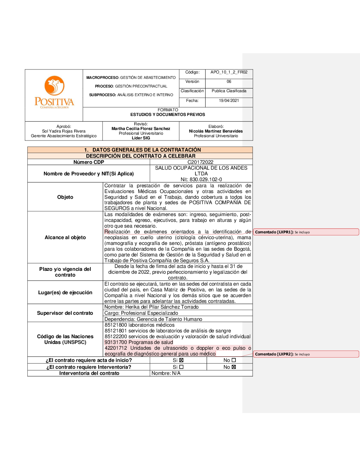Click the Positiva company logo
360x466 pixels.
tap(54, 92)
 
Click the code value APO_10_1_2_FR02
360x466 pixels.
tap(229, 72)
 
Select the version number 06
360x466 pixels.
tap(229, 82)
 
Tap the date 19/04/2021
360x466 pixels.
tap(229, 101)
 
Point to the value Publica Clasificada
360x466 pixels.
tap(229, 91)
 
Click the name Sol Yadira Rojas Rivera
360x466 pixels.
tap(64, 131)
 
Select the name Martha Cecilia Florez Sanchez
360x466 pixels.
tap(141, 129)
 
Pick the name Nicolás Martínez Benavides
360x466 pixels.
tap(216, 131)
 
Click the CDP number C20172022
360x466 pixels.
tap(201, 162)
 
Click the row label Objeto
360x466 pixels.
tap(65, 197)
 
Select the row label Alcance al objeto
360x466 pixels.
tap(65, 238)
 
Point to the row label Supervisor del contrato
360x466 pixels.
tap(65, 313)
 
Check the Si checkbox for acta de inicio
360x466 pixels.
tap(181, 360)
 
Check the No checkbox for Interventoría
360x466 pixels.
tap(234, 367)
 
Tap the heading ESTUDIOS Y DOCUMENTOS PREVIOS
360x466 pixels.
tap(168, 115)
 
